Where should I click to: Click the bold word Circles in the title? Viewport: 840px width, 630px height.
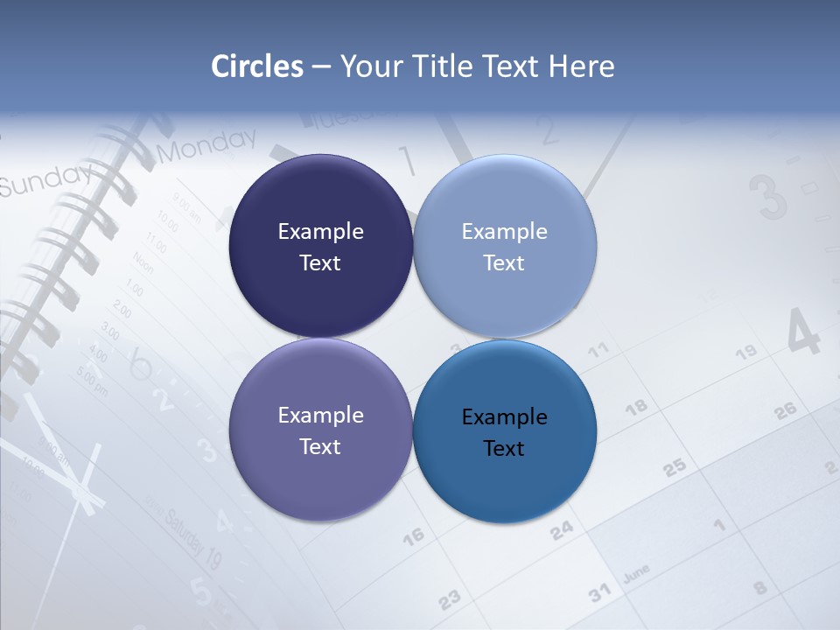[257, 66]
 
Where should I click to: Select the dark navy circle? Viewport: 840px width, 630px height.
[320, 247]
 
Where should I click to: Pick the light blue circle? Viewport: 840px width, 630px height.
[505, 247]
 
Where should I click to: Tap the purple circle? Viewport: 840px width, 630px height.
[320, 430]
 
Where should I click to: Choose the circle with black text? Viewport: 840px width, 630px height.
[505, 431]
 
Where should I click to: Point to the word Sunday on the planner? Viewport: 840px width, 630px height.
[44, 179]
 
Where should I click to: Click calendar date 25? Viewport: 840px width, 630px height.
[674, 467]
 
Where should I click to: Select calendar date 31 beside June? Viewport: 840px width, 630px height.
[599, 593]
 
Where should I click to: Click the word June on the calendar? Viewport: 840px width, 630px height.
[636, 574]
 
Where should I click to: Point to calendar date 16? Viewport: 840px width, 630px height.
[413, 535]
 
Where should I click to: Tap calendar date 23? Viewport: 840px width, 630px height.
[449, 599]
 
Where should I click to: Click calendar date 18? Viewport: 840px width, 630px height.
[636, 406]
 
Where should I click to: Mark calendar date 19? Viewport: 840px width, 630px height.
[745, 353]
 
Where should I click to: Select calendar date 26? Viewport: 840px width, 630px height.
[785, 409]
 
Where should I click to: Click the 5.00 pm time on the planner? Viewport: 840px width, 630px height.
[93, 381]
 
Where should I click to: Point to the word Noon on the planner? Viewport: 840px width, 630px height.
[143, 262]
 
